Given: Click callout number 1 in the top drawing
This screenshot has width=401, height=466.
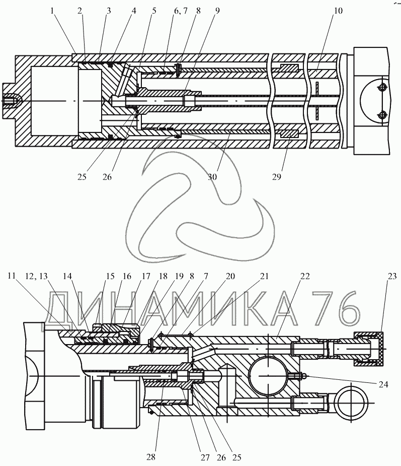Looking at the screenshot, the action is click(x=52, y=11).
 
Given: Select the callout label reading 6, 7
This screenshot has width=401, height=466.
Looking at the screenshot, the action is click(x=181, y=11).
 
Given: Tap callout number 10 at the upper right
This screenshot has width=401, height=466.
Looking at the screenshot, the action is click(x=338, y=11).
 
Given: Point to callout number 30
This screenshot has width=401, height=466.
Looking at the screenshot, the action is click(x=212, y=177).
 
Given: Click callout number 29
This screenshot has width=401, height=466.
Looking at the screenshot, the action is click(x=277, y=177).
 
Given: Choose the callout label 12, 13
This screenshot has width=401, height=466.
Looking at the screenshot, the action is click(x=36, y=277).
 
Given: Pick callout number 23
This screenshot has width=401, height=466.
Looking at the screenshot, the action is click(x=392, y=277).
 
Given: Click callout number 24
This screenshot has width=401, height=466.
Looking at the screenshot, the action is click(x=383, y=384).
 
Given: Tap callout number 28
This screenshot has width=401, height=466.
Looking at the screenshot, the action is click(x=151, y=456).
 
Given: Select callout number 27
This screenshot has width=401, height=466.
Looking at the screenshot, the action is click(x=205, y=457).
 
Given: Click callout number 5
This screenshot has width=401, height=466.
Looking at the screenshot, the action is click(x=154, y=11).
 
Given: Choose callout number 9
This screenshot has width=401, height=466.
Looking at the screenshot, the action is click(x=217, y=11).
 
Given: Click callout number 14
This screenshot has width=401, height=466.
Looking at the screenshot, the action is click(x=67, y=277).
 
